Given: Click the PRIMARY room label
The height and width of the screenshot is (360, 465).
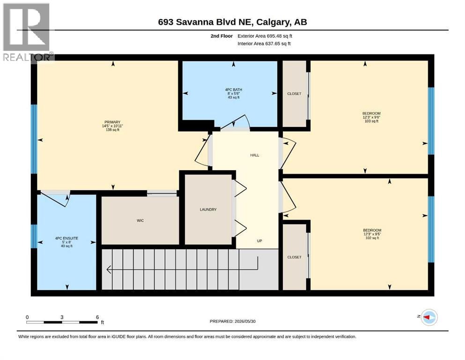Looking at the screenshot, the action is click(x=112, y=122).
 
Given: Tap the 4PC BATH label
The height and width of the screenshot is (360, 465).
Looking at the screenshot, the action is click(x=233, y=90).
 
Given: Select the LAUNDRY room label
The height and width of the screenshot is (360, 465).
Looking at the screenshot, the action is click(x=208, y=210).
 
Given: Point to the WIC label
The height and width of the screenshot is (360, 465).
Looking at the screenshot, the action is click(x=140, y=220).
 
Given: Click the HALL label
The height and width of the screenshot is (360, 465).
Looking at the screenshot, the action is click(x=254, y=155).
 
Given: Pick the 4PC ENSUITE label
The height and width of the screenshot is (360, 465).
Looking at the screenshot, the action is click(x=66, y=238).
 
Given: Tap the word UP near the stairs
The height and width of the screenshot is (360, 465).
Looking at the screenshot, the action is click(x=259, y=241).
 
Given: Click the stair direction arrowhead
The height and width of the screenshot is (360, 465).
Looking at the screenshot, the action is click(x=109, y=270).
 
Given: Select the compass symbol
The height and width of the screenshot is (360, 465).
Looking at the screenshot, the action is click(x=429, y=317).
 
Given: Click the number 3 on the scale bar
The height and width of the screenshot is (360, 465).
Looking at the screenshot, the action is click(x=62, y=317).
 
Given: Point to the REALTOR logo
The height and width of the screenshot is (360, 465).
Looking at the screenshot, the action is click(x=28, y=32).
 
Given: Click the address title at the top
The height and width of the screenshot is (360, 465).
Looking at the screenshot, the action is click(x=232, y=22).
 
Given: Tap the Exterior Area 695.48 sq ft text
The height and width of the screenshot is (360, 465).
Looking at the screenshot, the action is click(x=265, y=36).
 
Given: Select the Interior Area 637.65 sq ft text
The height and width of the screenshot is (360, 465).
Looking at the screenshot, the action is click(x=264, y=43).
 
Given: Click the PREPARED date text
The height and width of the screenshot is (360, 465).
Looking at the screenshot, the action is click(x=232, y=321).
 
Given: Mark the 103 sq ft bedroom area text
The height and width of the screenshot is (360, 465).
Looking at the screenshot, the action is click(x=372, y=121).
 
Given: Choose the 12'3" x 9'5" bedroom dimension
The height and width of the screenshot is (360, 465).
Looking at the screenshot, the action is click(x=372, y=234).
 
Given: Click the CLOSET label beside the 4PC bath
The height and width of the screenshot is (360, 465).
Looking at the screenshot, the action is click(x=294, y=94).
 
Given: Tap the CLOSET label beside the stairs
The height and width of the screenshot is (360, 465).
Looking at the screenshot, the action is click(x=294, y=257).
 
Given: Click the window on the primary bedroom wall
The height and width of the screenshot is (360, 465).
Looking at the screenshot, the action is click(x=34, y=139).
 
